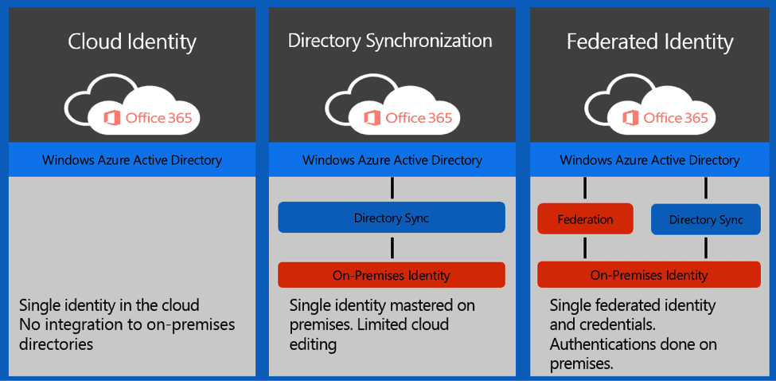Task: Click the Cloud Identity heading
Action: pos(132,41)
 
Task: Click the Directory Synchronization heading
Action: pos(390,41)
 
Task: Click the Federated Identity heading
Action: pos(649,41)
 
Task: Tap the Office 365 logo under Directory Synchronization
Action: pos(407,118)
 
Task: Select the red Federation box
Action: pos(585,219)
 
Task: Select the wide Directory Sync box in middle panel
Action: pos(391,218)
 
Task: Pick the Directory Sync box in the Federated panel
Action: pos(706,220)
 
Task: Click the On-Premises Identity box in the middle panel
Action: pos(391,275)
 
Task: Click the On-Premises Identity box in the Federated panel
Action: pos(649,275)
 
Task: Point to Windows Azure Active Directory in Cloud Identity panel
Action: pos(132,160)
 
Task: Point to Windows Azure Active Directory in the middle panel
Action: pos(392,160)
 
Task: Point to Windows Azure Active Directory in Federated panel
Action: pos(649,160)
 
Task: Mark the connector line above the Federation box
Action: pos(585,189)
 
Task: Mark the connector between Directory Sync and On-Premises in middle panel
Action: pos(392,247)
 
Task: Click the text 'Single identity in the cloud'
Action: pos(109,305)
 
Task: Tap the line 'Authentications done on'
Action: pos(634,344)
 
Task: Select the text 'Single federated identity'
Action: pos(633,305)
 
